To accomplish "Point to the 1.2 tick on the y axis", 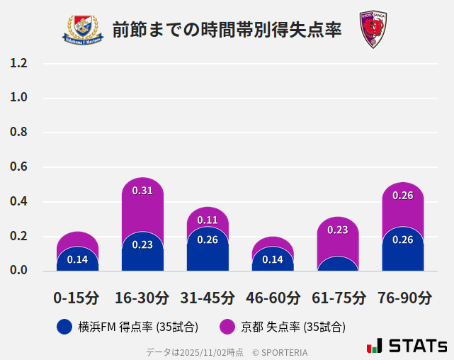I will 19,64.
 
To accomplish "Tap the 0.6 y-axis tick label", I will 19,167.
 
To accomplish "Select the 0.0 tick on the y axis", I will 19,271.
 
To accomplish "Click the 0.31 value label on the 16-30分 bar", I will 142,191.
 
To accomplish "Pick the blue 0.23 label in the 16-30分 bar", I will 142,244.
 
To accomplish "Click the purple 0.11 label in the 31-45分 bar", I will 208,220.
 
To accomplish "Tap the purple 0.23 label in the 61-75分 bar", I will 338,230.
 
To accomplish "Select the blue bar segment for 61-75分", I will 338,264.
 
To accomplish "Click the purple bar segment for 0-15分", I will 77,240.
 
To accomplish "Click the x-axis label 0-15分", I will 77,298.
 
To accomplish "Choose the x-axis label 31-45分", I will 208,298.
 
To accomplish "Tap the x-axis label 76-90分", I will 403,298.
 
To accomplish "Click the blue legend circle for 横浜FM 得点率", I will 64,327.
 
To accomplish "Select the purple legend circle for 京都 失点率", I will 227,327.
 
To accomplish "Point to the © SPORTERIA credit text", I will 280,351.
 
